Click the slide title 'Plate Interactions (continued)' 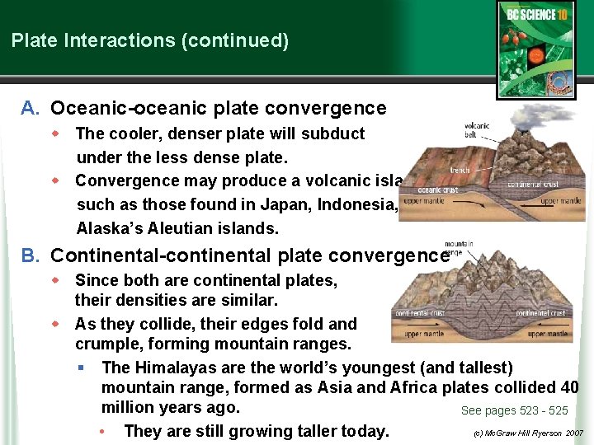coord(150,40)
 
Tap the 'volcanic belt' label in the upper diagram coord(477,130)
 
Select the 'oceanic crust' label coord(436,189)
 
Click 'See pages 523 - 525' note coord(514,410)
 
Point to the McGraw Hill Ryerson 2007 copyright coord(528,433)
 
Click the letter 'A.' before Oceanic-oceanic coord(31,108)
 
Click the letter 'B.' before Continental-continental coord(31,255)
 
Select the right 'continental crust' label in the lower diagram coord(540,313)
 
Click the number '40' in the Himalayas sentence coord(567,387)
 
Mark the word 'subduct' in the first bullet coord(336,133)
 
